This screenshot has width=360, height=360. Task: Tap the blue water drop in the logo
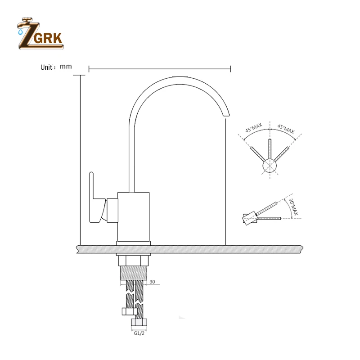pyautogui.click(x=20, y=32)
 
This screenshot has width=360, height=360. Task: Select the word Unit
pyautogui.click(x=47, y=67)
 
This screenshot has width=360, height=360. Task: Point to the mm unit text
pyautogui.click(x=66, y=67)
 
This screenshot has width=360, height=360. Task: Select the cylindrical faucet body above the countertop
pyautogui.click(x=133, y=216)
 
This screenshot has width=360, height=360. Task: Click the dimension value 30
pyautogui.click(x=152, y=282)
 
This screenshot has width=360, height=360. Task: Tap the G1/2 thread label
pyautogui.click(x=139, y=333)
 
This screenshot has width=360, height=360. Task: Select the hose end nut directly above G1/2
pyautogui.click(x=139, y=323)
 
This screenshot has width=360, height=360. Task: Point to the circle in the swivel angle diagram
pyautogui.click(x=270, y=166)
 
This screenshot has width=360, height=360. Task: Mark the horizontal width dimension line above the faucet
pyautogui.click(x=160, y=69)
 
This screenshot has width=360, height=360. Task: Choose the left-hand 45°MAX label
pyautogui.click(x=253, y=130)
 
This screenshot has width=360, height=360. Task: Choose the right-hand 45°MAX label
pyautogui.click(x=286, y=130)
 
